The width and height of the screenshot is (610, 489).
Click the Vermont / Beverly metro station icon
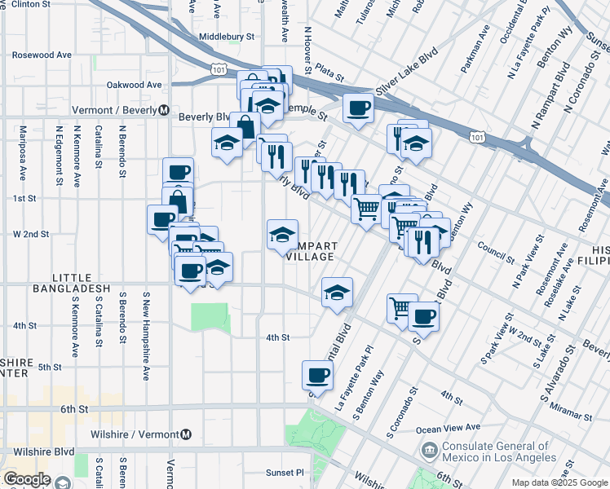[164, 110]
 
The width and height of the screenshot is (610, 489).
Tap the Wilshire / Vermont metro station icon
[187, 434]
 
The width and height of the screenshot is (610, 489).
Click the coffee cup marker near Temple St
[358, 108]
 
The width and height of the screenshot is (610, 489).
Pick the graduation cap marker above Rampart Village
[282, 235]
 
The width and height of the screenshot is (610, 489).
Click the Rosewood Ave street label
[42, 55]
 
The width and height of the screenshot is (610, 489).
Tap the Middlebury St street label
[228, 37]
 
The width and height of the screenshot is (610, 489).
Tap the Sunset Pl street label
[284, 472]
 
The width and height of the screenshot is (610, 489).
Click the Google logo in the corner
[26, 479]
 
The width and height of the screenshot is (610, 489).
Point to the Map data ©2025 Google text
[559, 482]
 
